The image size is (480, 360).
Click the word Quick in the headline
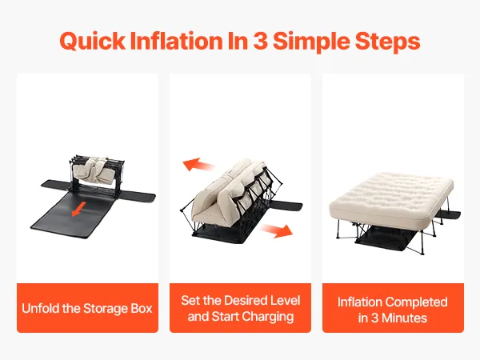coord(93,42)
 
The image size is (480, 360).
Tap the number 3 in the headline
coord(260,41)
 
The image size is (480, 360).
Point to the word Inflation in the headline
coord(176,41)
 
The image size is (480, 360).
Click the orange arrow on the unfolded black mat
coord(79,209)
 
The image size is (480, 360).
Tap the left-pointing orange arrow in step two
coord(198,165)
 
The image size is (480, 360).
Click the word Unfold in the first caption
coord(41,308)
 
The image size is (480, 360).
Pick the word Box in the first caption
coord(142,308)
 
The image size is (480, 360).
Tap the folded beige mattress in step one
coord(97,172)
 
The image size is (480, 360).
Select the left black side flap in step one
coord(56,185)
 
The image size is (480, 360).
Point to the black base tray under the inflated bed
coord(386,240)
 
